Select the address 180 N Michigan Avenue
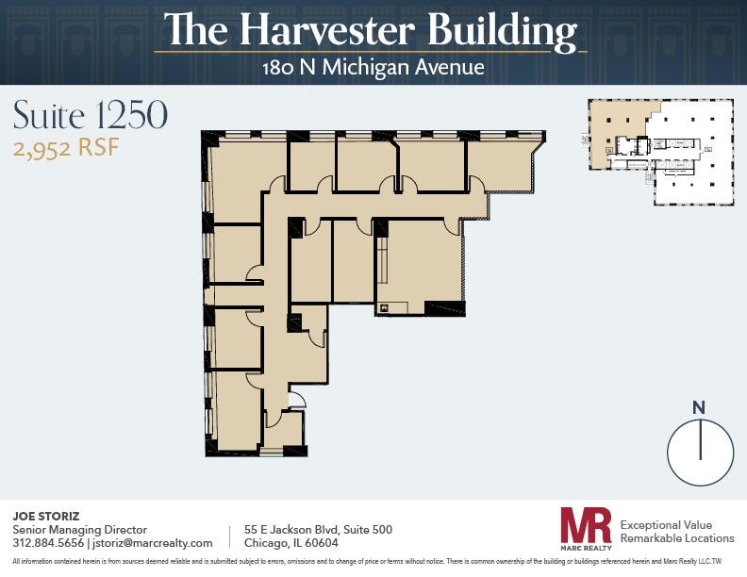(373, 67)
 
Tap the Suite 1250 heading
(91, 114)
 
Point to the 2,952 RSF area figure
(66, 148)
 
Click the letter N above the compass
(699, 407)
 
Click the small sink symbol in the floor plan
(384, 307)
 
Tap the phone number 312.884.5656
(48, 543)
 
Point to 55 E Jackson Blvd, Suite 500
(318, 530)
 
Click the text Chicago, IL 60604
(290, 543)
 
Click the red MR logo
(586, 526)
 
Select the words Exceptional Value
(665, 524)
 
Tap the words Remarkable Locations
(676, 538)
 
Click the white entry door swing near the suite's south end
(296, 400)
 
